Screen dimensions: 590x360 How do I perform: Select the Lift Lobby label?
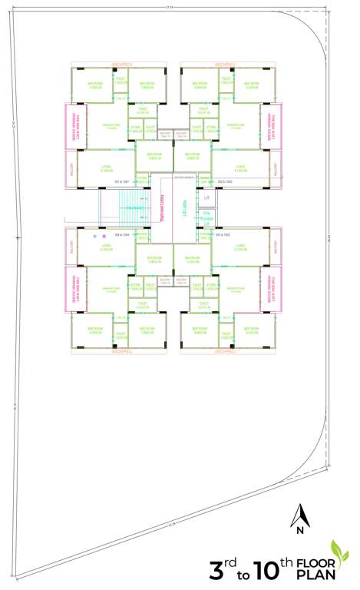[x=185, y=207]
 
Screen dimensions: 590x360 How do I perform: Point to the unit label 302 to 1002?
[x=224, y=181]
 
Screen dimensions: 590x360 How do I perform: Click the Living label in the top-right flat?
[x=240, y=167]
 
